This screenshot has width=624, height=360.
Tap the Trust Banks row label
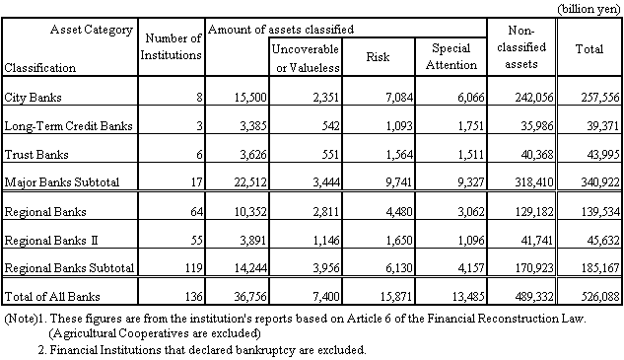click(36, 153)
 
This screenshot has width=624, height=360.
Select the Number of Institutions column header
click(173, 45)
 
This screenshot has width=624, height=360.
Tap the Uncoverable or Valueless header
click(306, 57)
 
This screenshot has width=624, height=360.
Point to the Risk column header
click(377, 57)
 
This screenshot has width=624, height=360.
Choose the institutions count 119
click(189, 267)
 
